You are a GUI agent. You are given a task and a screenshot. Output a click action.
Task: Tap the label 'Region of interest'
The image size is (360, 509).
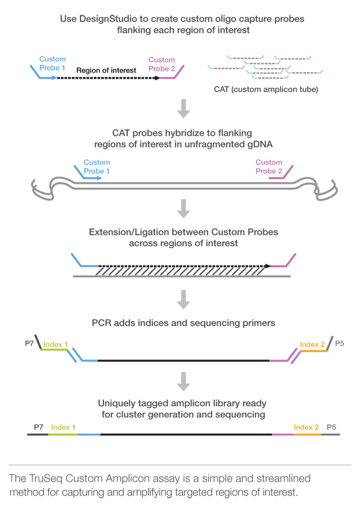pyautogui.click(x=106, y=70)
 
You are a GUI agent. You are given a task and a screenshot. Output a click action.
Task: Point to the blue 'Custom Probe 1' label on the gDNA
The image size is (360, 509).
pyautogui.click(x=97, y=167)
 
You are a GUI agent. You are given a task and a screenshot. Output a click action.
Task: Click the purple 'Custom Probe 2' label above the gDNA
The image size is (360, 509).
pyautogui.click(x=269, y=167)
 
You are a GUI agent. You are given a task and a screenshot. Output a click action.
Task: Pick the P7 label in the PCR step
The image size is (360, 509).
pyautogui.click(x=30, y=343)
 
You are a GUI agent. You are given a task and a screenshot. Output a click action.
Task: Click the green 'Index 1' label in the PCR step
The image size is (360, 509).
pyautogui.click(x=56, y=344)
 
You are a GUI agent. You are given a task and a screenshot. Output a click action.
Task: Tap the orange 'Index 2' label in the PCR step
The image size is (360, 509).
pyautogui.click(x=312, y=344)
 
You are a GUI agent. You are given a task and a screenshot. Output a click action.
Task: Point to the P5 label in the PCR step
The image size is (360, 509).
pyautogui.click(x=340, y=343)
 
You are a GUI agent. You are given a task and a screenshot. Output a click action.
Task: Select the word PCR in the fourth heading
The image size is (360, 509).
pyautogui.click(x=102, y=323)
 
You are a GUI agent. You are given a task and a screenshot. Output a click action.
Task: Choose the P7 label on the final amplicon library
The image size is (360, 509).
pyautogui.click(x=39, y=427)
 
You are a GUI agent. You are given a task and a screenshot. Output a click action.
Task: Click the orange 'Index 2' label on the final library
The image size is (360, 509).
pyautogui.click(x=306, y=427)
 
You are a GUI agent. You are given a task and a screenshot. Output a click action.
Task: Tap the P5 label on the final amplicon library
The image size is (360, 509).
pyautogui.click(x=331, y=427)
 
